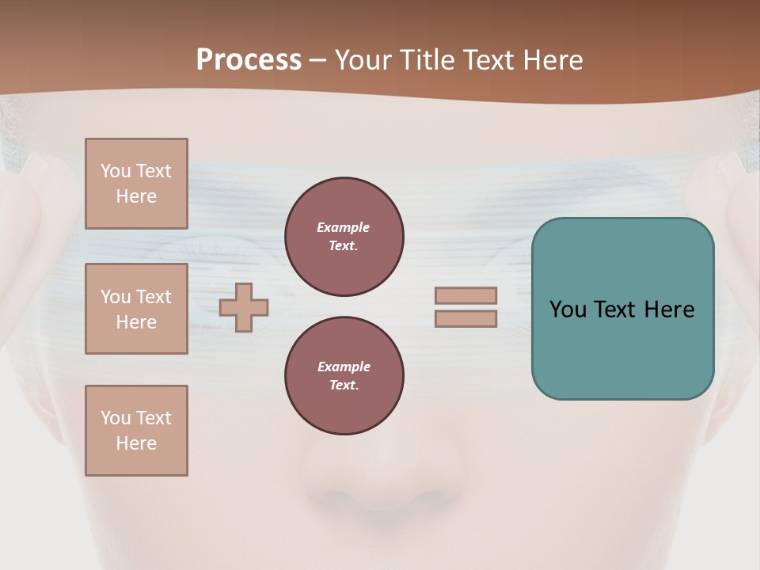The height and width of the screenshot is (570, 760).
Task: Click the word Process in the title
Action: (249, 60)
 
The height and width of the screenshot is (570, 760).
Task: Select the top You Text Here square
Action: (136, 184)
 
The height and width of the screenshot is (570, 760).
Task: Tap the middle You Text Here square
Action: (136, 309)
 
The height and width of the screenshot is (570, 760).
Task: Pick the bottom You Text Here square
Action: (136, 431)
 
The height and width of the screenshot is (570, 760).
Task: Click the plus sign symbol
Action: (244, 306)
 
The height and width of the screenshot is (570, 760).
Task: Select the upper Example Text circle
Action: (344, 237)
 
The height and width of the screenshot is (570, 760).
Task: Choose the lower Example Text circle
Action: (344, 376)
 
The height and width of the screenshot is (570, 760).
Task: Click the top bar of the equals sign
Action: (465, 295)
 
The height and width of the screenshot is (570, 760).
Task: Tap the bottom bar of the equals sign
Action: (465, 318)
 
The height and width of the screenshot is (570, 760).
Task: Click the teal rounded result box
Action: (622, 348)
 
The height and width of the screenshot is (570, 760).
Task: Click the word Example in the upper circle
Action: (344, 227)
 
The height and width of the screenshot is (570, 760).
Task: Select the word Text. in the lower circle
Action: (344, 386)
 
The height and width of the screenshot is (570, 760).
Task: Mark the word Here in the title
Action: (554, 60)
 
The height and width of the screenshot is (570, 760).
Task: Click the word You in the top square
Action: (115, 171)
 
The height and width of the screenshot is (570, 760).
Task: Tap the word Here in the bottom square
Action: (136, 443)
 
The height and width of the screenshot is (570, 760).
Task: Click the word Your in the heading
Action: (365, 60)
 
